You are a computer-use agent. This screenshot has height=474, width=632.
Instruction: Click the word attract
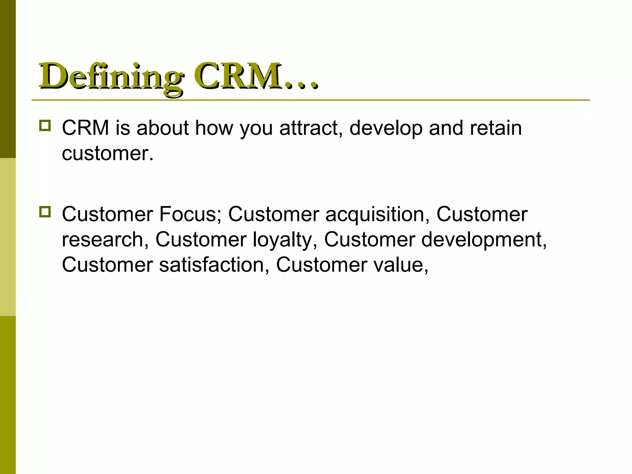pos(310,128)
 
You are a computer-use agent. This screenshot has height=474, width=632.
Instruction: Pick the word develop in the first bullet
pos(386,128)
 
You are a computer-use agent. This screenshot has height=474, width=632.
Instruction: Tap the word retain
pos(496,128)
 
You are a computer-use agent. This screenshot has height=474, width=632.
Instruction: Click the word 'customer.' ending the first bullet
pos(108,153)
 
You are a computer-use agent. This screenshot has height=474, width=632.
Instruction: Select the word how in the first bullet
pos(214,128)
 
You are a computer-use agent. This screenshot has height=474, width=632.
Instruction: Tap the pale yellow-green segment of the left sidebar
pos(8,237)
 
